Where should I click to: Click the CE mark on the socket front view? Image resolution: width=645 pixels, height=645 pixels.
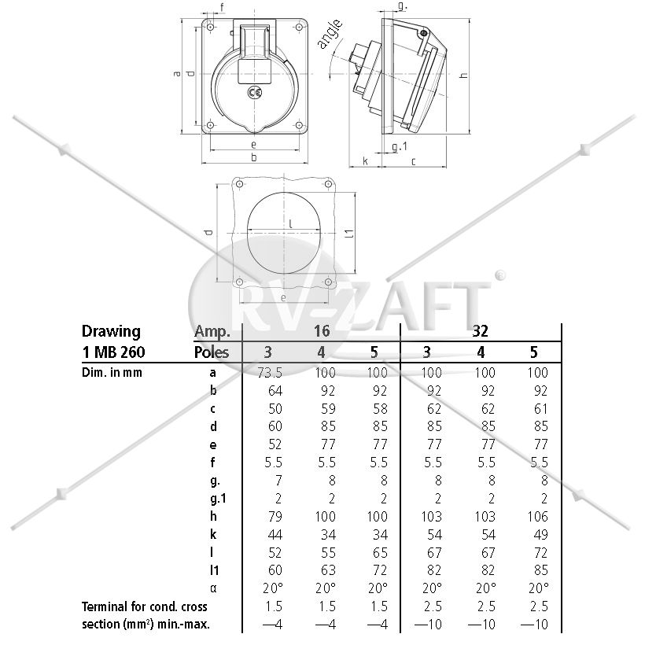tap(255, 92)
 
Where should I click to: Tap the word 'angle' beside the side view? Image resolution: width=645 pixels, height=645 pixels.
tap(330, 34)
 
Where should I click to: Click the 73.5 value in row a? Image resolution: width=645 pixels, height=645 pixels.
tap(270, 373)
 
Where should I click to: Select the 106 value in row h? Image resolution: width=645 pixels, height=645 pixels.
tap(537, 517)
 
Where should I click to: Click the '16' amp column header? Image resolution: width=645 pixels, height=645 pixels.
tap(321, 330)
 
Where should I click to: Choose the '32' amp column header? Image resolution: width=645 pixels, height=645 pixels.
tap(480, 330)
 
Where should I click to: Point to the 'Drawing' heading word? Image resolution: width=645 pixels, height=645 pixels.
tap(111, 332)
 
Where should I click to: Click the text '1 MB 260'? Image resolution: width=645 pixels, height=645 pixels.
tap(113, 352)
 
